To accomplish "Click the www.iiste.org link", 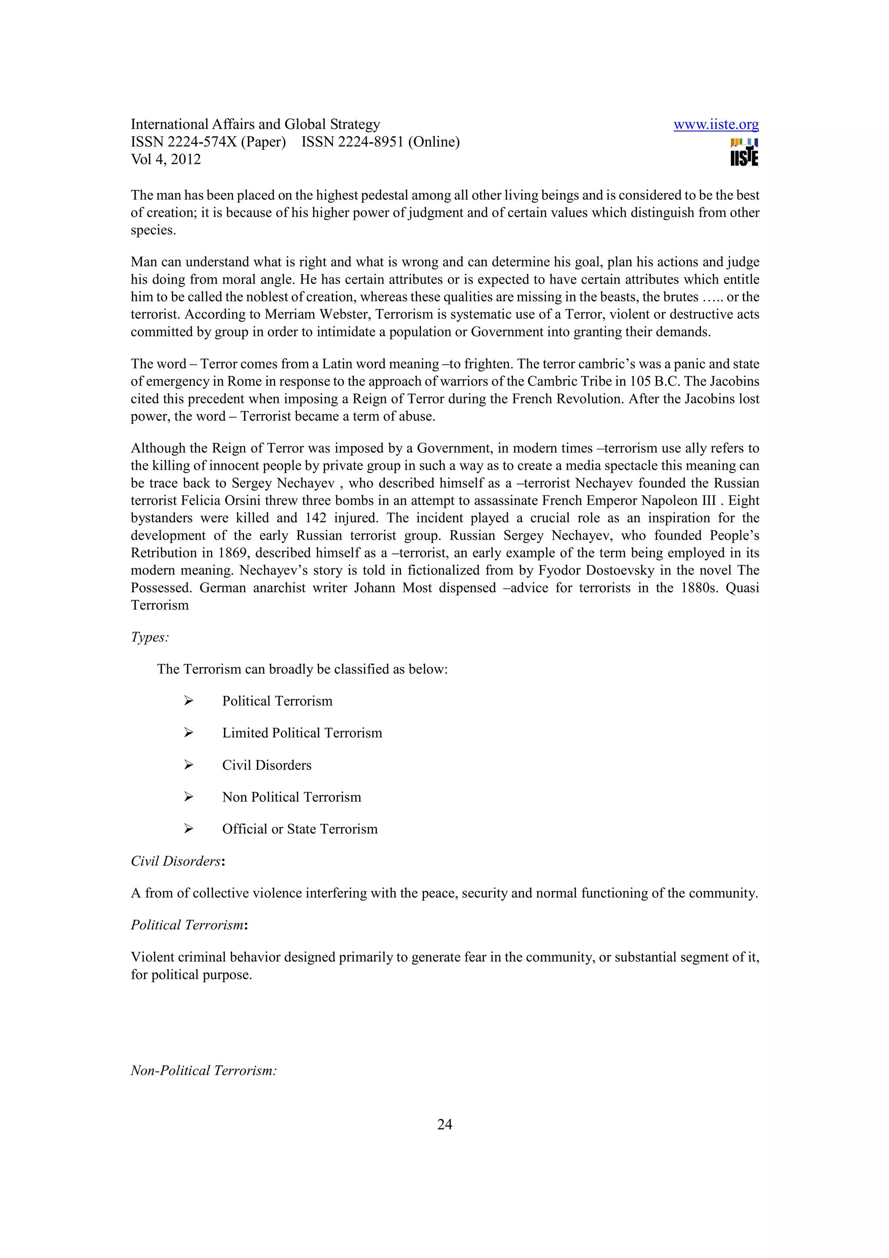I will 715,125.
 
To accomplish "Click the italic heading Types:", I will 149,637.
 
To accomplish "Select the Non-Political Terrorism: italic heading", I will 203,1070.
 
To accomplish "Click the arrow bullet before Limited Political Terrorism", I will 188,733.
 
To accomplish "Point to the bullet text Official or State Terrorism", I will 300,829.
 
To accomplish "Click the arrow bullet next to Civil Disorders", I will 188,765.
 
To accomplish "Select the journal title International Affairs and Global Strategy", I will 255,125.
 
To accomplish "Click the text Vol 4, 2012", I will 165,159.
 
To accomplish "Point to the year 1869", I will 232,553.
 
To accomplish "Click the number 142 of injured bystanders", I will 315,518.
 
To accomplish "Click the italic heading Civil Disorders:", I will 178,861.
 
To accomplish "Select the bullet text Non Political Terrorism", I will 291,797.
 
